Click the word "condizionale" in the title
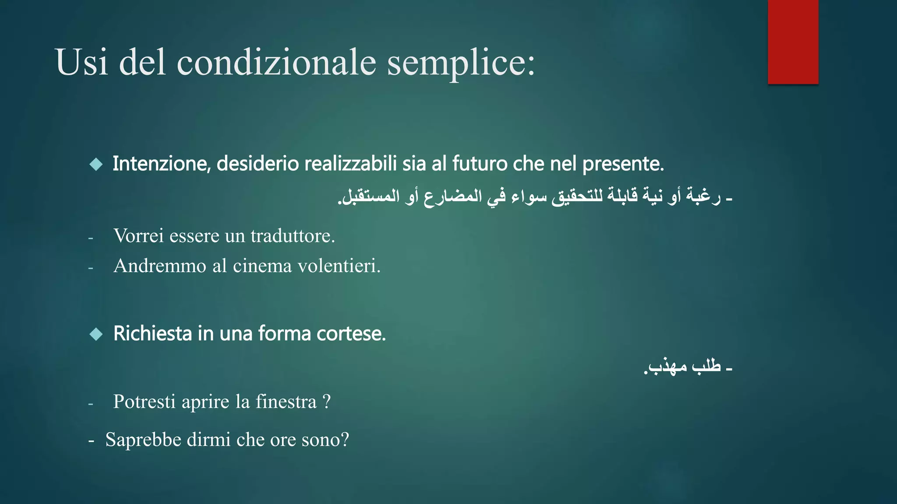coord(276,62)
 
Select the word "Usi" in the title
coord(81,62)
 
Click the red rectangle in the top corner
coord(793,42)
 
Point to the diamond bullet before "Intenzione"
coord(96,164)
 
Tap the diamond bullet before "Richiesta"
coord(96,334)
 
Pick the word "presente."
coord(623,164)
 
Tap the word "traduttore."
coord(293,236)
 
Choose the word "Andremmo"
coord(159,266)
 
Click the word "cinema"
coord(262,266)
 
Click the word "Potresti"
coord(144,402)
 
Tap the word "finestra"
coord(286,402)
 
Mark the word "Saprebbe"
coord(143,440)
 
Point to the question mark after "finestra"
coord(326,402)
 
